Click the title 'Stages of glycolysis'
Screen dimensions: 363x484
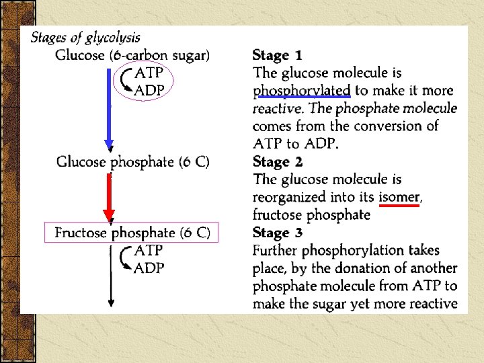click(85, 38)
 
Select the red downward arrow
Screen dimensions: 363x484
click(109, 198)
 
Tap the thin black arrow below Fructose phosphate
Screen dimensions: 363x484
click(110, 276)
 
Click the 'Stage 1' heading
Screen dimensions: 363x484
click(278, 55)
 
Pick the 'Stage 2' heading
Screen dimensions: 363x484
click(278, 162)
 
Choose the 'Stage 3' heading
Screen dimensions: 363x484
click(278, 233)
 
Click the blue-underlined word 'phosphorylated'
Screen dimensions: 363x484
click(302, 91)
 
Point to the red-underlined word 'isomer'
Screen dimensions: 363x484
click(400, 198)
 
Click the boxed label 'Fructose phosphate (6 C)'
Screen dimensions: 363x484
click(132, 233)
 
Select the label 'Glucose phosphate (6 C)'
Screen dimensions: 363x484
click(132, 162)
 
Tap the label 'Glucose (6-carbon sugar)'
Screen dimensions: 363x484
click(132, 55)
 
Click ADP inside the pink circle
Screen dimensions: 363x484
click(149, 91)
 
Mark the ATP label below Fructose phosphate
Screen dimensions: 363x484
click(149, 251)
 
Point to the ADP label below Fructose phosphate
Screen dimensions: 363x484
click(149, 268)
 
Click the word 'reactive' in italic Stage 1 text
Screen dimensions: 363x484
click(277, 108)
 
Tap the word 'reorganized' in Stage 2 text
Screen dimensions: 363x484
click(289, 198)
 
